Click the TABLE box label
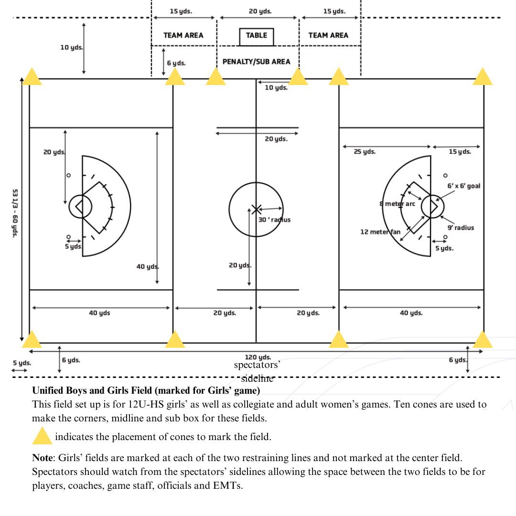[x=257, y=36]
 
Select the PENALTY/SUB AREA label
[x=256, y=62]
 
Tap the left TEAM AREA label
[x=183, y=35]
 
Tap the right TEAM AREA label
[x=328, y=35]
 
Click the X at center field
[x=257, y=209]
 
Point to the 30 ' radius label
[x=274, y=220]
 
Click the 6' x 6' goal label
[x=463, y=186]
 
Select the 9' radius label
[x=461, y=228]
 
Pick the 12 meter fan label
[x=380, y=232]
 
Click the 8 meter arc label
[x=397, y=204]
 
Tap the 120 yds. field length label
[x=258, y=357]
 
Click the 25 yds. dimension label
[x=365, y=152]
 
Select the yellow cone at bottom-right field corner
[x=483, y=340]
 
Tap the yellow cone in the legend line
[x=42, y=436]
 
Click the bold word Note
[x=42, y=458]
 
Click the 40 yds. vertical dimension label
[x=147, y=267]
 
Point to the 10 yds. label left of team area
[x=71, y=48]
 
